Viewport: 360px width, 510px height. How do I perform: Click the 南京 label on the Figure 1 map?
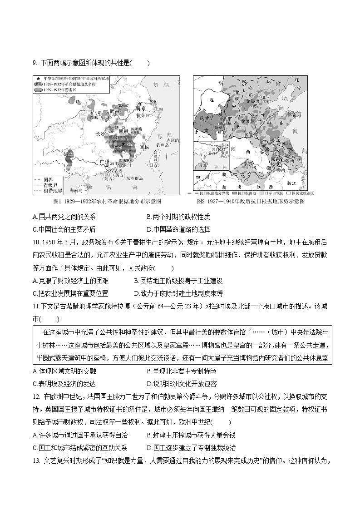click(x=140, y=109)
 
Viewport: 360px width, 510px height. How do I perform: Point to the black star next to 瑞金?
click(x=123, y=144)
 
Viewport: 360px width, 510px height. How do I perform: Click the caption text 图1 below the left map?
click(x=57, y=201)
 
